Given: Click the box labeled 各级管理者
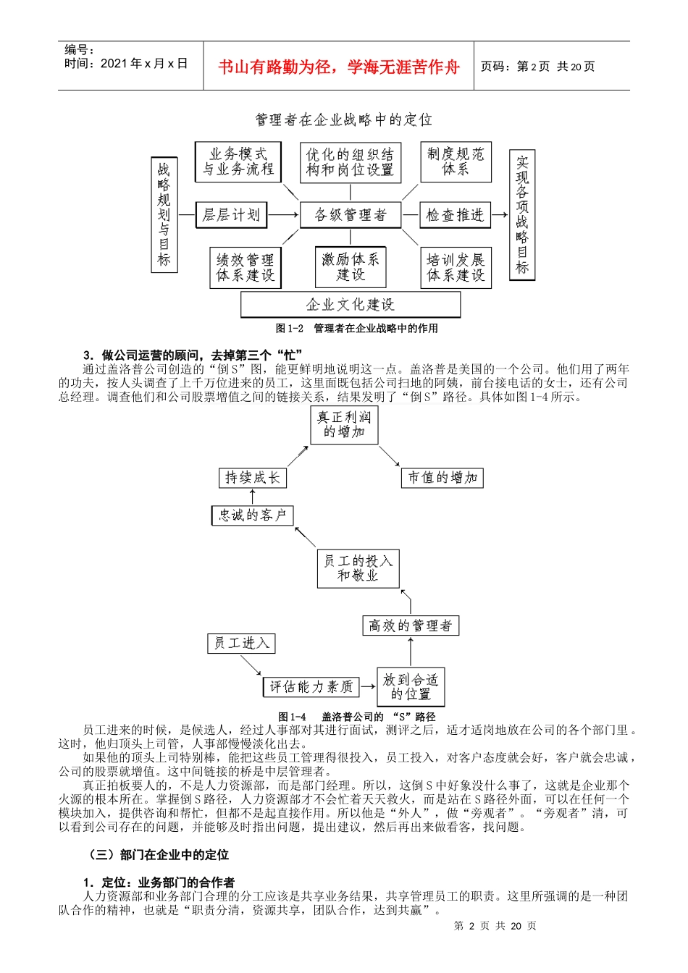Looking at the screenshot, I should (x=351, y=215).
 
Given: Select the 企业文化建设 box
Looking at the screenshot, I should (x=351, y=305).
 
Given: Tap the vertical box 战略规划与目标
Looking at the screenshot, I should (x=164, y=214).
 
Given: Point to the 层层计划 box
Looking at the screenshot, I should (x=231, y=215).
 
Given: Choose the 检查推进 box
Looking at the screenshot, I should (x=455, y=215).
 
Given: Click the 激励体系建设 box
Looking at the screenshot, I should (x=351, y=267).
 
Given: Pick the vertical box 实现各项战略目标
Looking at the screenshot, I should (x=522, y=214).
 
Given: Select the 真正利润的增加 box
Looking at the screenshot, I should (x=344, y=425).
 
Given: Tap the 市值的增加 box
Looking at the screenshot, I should (x=442, y=478).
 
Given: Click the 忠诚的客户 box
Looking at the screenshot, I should (x=253, y=515).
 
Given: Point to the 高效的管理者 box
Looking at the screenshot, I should (x=410, y=625).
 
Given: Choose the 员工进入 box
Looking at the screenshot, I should (x=241, y=643).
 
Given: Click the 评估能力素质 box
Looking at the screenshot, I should (x=311, y=686).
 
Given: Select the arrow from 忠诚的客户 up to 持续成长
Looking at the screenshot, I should (x=253, y=497).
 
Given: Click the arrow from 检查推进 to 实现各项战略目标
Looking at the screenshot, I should (x=500, y=215).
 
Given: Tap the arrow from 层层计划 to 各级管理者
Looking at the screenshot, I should (x=283, y=215).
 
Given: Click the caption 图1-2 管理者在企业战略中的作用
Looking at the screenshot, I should (x=357, y=329).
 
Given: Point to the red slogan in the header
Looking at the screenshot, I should (x=339, y=67).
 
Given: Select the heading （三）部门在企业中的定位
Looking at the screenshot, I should (x=159, y=855).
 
